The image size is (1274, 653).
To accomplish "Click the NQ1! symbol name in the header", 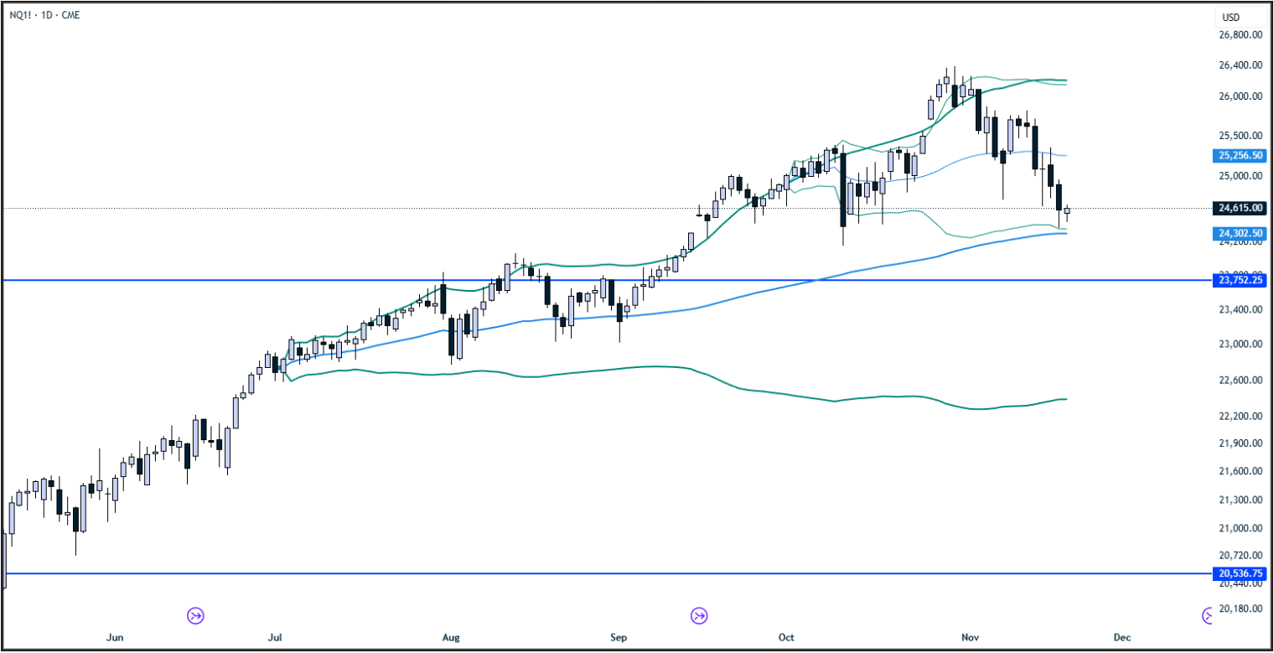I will pos(20,14).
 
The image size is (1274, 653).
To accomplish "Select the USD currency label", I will pos(1230,17).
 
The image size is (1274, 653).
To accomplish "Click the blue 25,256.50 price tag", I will pos(1240,155).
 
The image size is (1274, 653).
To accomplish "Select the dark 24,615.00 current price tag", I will pos(1240,208).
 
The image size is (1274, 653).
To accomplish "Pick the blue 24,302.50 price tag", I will pos(1240,233).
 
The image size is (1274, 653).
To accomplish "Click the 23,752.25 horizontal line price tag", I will pos(1240,281).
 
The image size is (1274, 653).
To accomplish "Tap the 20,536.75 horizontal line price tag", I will pos(1240,574).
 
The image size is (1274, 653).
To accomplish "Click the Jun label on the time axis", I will pos(116,638).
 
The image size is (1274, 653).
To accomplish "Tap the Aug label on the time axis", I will pos(451,638).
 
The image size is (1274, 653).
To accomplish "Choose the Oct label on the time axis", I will pos(786,638).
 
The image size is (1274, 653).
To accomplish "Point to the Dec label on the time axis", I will pos(1121,638).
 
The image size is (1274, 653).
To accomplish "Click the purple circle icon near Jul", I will pos(195,616).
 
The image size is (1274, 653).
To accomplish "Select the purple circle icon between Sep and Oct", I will pos(698,616).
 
